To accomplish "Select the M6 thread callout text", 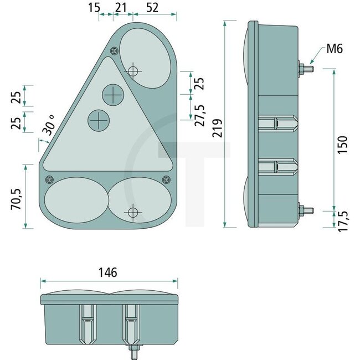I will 333,49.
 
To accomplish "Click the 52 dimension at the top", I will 153,7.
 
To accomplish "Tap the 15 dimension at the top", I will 94,7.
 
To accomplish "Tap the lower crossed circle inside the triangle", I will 100,119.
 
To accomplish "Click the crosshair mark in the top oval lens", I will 133,70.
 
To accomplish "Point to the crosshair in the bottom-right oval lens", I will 133,212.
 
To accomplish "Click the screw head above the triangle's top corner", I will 114,52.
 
